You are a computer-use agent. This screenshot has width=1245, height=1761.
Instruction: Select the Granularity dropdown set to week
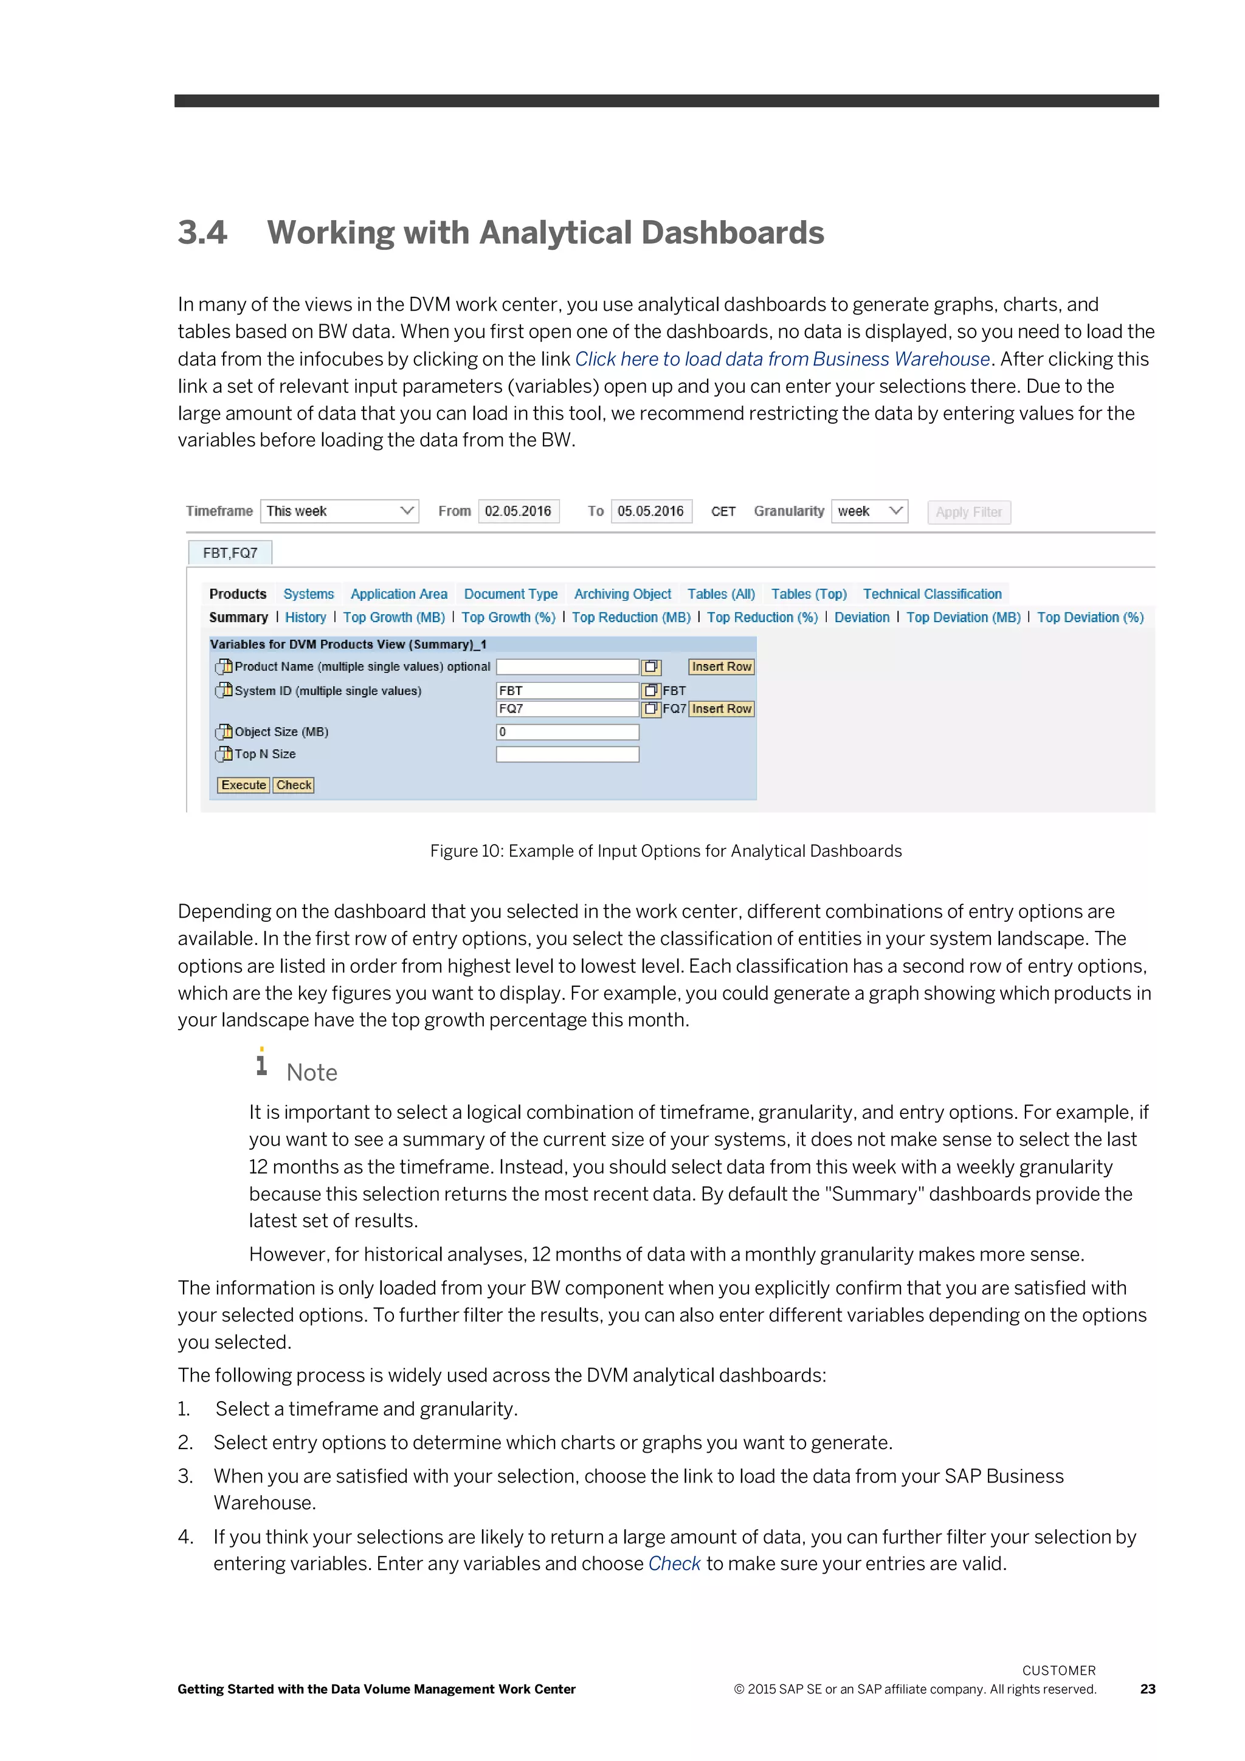pos(869,511)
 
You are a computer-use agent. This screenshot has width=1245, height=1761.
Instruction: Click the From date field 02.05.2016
pos(518,511)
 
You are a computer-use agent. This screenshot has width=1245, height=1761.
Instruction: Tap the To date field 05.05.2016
pos(651,511)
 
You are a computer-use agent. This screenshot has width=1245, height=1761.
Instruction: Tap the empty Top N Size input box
pos(567,754)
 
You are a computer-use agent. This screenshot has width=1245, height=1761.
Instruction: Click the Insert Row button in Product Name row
pos(720,666)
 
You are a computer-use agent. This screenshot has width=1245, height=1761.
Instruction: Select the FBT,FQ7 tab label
pos(230,553)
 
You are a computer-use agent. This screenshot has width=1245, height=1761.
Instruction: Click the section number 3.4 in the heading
pos(202,232)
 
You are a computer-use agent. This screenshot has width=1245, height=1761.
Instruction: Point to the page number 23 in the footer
pos(1147,1689)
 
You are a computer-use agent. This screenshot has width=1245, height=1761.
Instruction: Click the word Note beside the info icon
pos(311,1072)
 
